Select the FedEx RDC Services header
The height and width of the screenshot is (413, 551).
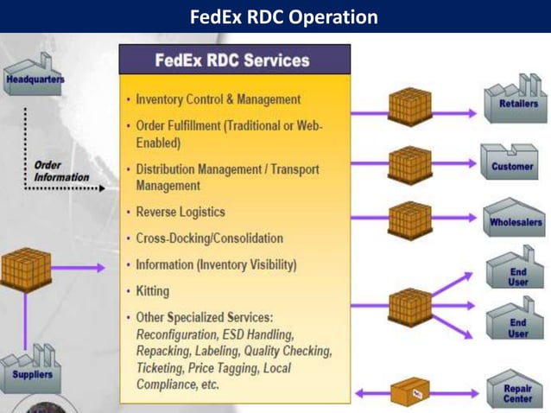pyautogui.click(x=234, y=60)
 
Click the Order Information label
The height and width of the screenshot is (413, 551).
pyautogui.click(x=60, y=170)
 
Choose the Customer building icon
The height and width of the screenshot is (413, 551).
pyautogui.click(x=511, y=162)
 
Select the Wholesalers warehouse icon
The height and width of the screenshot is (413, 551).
pyautogui.click(x=515, y=217)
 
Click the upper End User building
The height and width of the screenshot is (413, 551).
pyautogui.click(x=516, y=271)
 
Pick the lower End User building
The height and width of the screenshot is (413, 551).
pyautogui.click(x=516, y=324)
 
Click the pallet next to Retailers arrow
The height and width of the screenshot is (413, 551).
pyautogui.click(x=409, y=107)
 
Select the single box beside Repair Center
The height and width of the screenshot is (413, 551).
pyautogui.click(x=410, y=392)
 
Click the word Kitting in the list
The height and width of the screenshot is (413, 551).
pyautogui.click(x=153, y=291)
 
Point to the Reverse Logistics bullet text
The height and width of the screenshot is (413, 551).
pyautogui.click(x=180, y=212)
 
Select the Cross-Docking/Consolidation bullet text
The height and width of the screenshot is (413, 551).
pyautogui.click(x=209, y=238)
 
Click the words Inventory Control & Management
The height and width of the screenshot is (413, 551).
pyautogui.click(x=218, y=99)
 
